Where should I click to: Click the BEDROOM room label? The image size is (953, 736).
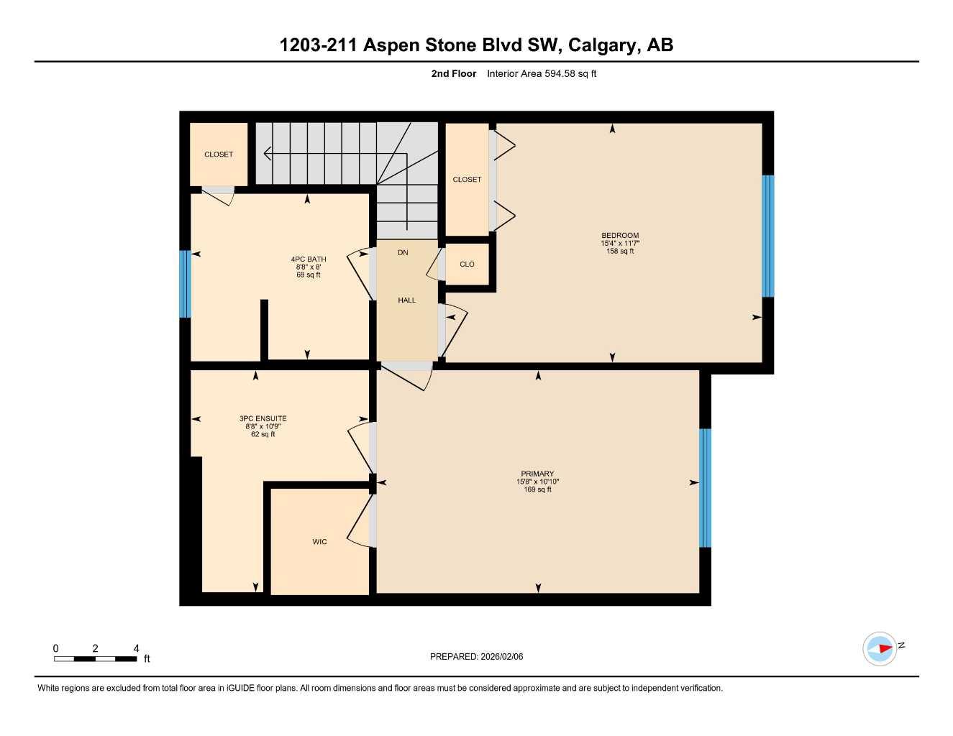coord(620,235)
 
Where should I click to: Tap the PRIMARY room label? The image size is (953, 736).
coord(537,474)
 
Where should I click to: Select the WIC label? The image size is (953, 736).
coord(319,542)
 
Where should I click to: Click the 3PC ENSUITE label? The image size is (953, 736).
coord(263,418)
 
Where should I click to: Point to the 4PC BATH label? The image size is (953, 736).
coord(308,259)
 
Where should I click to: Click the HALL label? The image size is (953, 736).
coord(407,300)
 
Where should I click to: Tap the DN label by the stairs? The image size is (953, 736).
coord(403,252)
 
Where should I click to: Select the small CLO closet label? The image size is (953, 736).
coord(467,264)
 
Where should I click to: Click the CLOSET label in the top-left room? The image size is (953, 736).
coord(219,155)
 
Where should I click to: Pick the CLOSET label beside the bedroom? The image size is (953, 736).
coord(467,180)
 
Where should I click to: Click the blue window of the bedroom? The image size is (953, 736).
coord(767,236)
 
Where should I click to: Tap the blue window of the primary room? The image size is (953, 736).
coord(705,488)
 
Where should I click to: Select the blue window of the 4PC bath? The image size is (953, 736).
coord(185,284)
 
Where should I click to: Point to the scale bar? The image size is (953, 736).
coord(95,658)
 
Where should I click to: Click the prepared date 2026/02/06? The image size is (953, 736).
coord(476,656)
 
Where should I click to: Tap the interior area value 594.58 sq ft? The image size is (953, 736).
coord(542,73)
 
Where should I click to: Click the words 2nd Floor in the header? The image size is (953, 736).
coord(453,73)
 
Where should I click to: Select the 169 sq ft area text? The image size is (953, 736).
coord(537,489)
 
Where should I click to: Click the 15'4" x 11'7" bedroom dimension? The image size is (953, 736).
coord(620,244)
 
